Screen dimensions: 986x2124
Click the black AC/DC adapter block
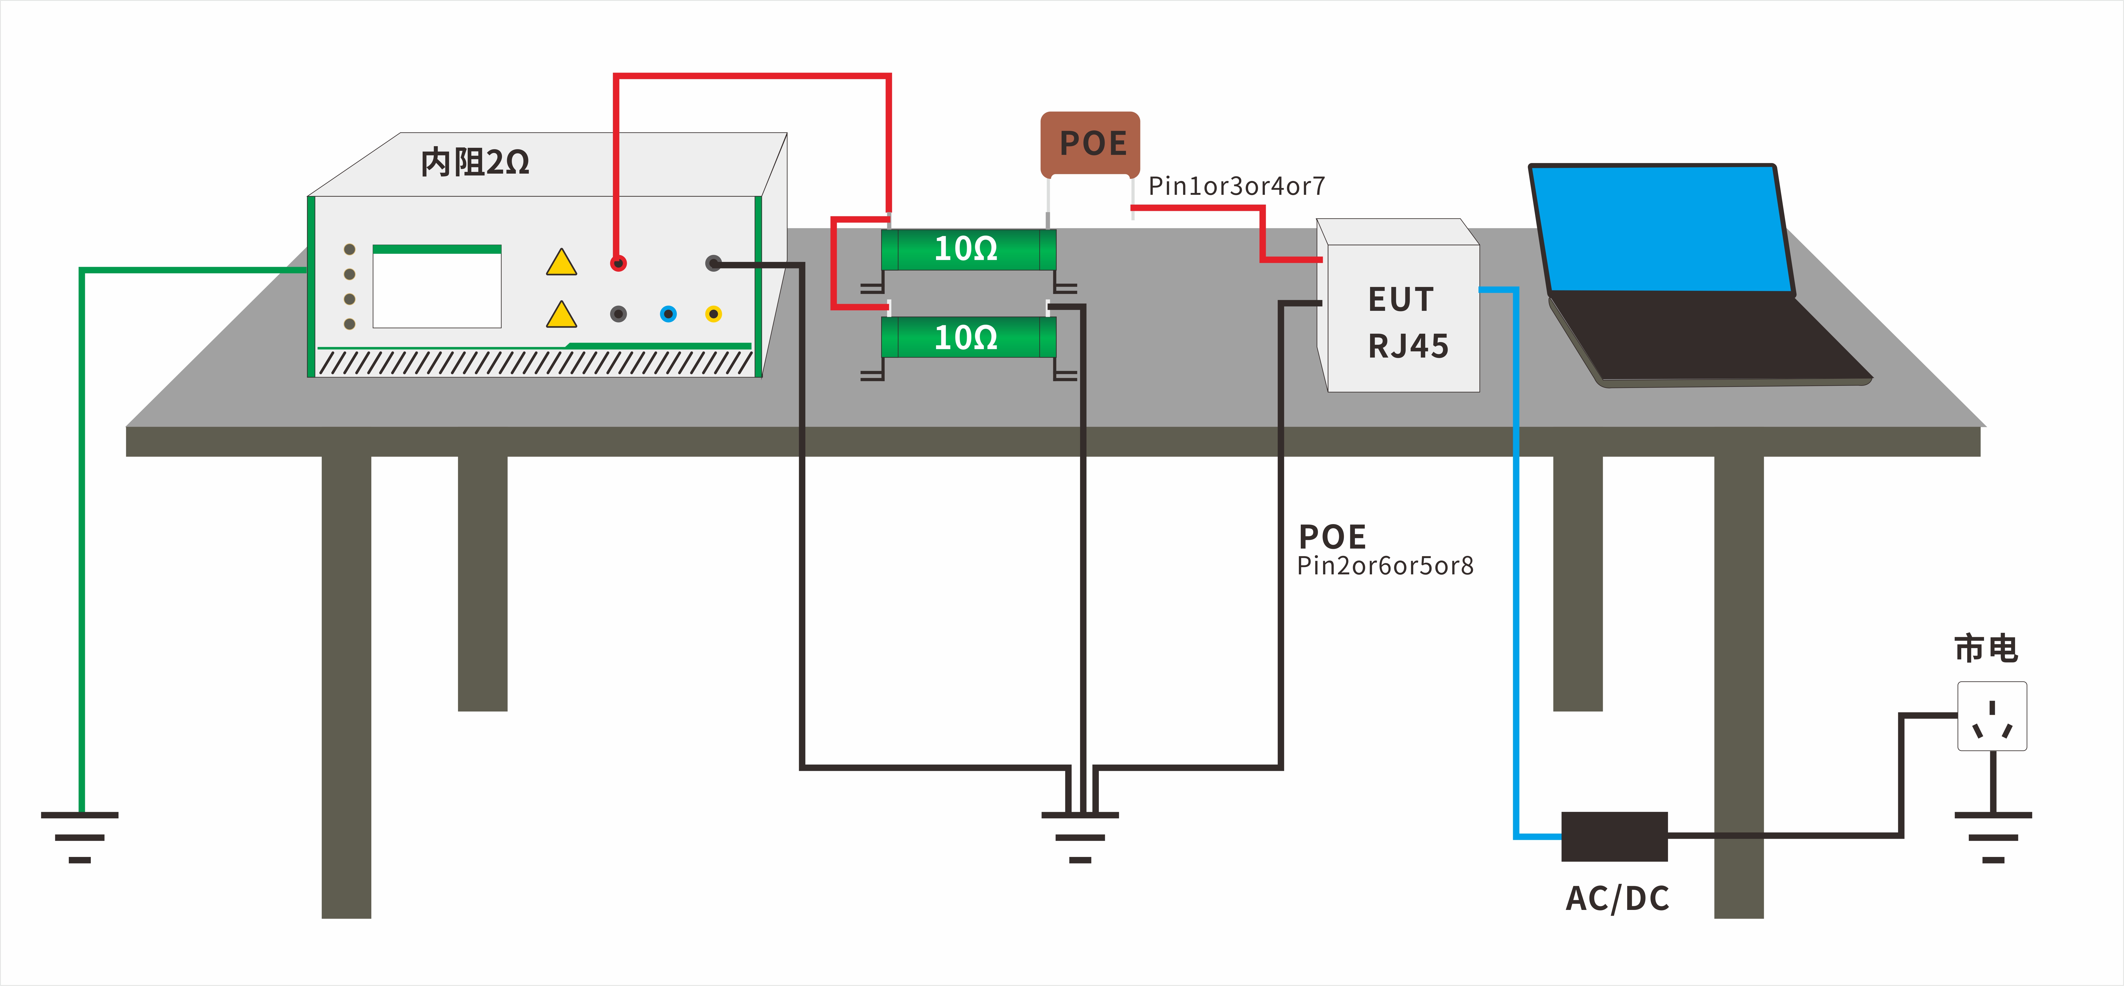1614,836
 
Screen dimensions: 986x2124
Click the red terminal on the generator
618,263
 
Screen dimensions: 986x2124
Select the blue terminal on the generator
668,314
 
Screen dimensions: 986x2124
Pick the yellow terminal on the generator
713,314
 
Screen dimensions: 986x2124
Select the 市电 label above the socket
1985,649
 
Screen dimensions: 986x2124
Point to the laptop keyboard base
1707,338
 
